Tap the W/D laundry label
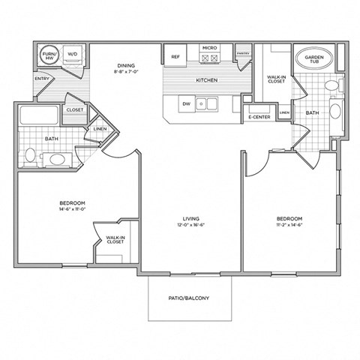pyautogui.click(x=73, y=54)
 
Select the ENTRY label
pyautogui.click(x=42, y=77)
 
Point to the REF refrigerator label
pyautogui.click(x=175, y=56)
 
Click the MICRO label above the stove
pyautogui.click(x=208, y=49)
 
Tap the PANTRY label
pyautogui.click(x=242, y=53)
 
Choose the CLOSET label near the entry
pyautogui.click(x=75, y=109)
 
